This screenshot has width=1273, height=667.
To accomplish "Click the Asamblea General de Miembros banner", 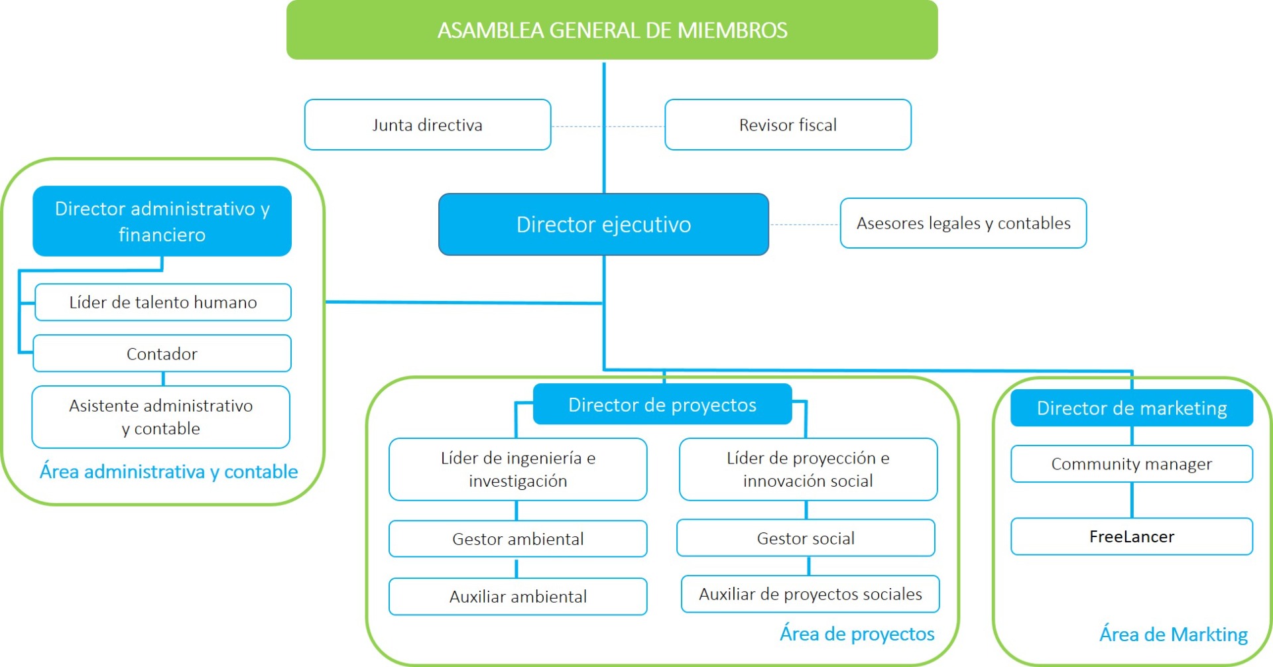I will [x=612, y=30].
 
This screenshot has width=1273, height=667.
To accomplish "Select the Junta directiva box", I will [x=428, y=125].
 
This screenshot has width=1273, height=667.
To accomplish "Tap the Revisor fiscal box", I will [x=788, y=125].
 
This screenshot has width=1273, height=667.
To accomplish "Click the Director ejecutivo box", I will [x=603, y=225].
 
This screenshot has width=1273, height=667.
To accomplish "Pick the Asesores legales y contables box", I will [x=963, y=223].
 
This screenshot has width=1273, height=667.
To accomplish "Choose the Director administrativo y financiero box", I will [x=162, y=221].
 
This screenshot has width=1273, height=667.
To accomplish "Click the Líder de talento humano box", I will [x=162, y=302].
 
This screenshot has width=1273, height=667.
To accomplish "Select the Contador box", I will [x=162, y=353].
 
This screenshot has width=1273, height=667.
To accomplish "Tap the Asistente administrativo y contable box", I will [x=161, y=417].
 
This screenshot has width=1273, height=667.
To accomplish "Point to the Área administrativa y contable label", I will [x=168, y=471].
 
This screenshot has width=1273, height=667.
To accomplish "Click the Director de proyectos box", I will [x=662, y=404].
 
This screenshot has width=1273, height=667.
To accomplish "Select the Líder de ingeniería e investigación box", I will [x=518, y=469].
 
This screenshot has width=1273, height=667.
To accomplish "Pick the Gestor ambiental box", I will [x=518, y=539].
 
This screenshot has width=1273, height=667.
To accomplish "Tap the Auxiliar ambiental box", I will [x=518, y=597].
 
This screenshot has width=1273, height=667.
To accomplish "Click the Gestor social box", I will [x=806, y=538].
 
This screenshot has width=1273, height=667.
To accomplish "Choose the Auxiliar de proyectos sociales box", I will [x=810, y=594].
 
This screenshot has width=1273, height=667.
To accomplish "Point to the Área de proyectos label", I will [x=857, y=634].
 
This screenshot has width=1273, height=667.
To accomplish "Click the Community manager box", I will [x=1131, y=464].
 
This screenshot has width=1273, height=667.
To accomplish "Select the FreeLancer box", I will [x=1131, y=536].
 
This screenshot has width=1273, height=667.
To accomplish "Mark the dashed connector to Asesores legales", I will [x=804, y=225].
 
